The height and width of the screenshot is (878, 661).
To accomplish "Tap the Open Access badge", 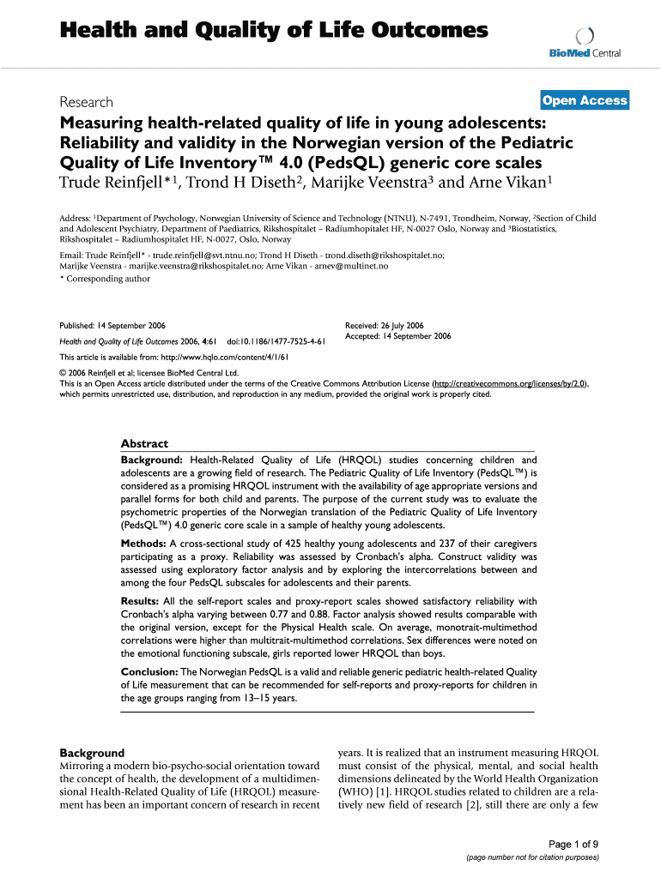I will [x=585, y=100].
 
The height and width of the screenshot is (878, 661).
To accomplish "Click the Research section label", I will [x=88, y=102].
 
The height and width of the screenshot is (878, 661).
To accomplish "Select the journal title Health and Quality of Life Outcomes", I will [x=273, y=31].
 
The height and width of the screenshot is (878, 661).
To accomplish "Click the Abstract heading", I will [x=144, y=443].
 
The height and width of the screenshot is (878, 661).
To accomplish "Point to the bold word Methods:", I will [x=143, y=544].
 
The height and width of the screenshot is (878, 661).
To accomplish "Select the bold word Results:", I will [x=141, y=601].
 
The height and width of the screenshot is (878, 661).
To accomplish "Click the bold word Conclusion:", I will [x=149, y=671].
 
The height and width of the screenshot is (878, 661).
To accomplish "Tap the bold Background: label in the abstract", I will [x=152, y=460].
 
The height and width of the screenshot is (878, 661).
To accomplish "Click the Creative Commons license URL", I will [x=511, y=384].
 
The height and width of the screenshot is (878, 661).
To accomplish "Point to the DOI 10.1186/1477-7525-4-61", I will [x=276, y=341].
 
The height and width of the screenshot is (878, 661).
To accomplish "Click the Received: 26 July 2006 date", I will [x=384, y=326].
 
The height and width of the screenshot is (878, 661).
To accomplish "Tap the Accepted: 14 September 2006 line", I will [x=397, y=336].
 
